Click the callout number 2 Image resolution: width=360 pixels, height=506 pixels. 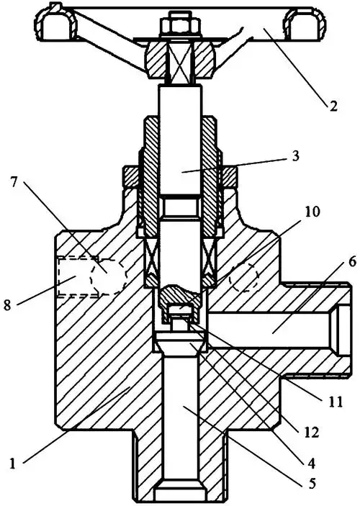[333, 105]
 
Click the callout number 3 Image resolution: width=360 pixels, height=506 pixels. [295, 155]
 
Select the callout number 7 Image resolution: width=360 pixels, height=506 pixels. [14, 184]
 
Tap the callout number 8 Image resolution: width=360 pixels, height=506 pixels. [8, 304]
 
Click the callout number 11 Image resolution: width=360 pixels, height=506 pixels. [333, 402]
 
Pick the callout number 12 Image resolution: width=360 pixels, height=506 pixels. [310, 433]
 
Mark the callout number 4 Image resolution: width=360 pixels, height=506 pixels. [310, 463]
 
